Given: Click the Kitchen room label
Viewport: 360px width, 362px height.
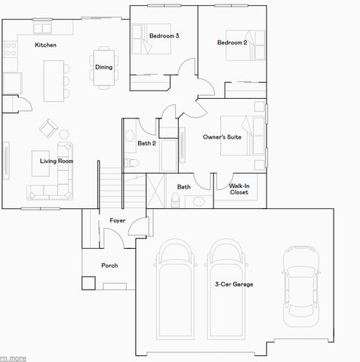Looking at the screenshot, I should [45, 44].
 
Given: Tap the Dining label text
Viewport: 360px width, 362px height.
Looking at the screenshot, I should [103, 67].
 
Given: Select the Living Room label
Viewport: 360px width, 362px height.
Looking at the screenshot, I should [57, 161].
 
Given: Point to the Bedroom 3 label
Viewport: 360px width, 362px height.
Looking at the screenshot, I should [163, 35].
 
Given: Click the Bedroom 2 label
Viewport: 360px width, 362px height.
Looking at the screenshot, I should [232, 43].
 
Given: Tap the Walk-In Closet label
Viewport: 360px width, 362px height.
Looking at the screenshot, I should [239, 189].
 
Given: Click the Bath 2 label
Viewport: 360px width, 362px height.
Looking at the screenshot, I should [146, 143].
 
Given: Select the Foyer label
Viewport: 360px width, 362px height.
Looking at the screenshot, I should [117, 220].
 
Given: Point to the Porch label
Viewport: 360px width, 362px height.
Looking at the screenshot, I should [110, 265].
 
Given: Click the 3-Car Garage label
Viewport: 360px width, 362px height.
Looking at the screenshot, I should [234, 284].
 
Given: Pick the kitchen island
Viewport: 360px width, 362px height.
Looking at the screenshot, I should [52, 80].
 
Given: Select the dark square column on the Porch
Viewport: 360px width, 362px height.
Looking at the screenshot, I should [88, 284].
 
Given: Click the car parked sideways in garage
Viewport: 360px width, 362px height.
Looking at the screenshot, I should [300, 283].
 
